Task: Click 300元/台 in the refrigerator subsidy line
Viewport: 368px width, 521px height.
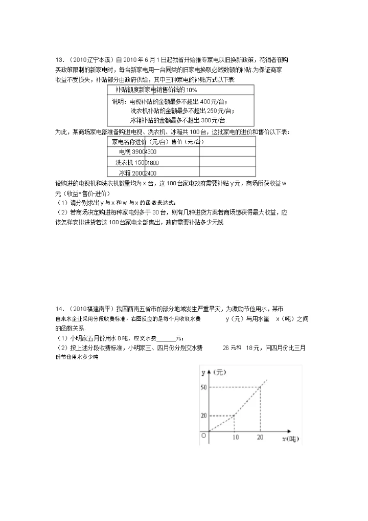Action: point(213,120)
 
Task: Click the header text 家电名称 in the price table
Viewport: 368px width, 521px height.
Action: point(123,142)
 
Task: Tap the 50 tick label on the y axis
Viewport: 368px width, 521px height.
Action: point(203,387)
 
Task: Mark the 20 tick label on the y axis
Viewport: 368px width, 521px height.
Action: point(203,415)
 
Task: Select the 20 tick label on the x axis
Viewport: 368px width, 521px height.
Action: point(260,438)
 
